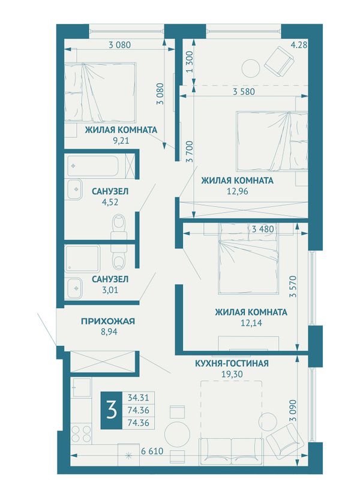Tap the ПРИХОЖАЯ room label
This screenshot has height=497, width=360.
click(108, 321)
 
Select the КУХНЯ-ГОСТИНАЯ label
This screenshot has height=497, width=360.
click(232, 363)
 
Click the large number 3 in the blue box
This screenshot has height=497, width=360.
click(112, 410)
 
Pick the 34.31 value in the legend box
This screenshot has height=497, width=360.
click(138, 397)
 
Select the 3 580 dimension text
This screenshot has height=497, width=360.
click(244, 92)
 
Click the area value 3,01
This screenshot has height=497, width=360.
click(110, 290)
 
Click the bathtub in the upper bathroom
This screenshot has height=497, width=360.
click(92, 165)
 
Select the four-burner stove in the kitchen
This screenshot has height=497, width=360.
click(81, 433)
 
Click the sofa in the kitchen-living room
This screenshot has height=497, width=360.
click(232, 451)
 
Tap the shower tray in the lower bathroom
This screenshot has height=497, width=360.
click(82, 258)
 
